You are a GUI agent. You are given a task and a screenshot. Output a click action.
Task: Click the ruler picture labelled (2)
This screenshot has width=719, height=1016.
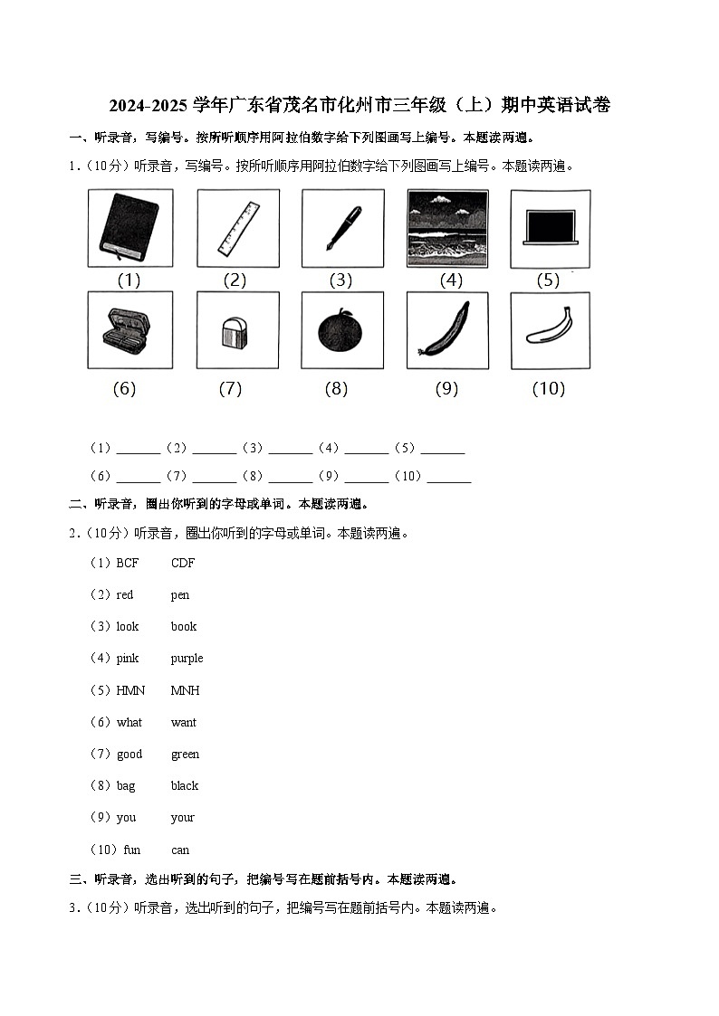pyautogui.click(x=237, y=228)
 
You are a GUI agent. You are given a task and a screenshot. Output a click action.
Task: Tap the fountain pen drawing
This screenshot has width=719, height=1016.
pyautogui.click(x=342, y=228)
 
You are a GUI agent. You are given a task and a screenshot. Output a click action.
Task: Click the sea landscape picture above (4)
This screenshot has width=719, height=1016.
pyautogui.click(x=447, y=228)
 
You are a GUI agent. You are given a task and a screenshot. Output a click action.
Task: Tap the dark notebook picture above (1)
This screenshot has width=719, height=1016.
pyautogui.click(x=129, y=228)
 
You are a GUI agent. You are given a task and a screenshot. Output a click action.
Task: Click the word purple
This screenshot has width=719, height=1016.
pyautogui.click(x=187, y=659)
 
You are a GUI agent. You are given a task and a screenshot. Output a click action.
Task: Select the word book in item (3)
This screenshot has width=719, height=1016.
pyautogui.click(x=183, y=627)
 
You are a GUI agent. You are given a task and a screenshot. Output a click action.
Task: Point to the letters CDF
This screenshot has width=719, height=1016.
pyautogui.click(x=182, y=563)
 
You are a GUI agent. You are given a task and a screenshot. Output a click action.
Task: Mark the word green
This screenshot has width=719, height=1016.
pyautogui.click(x=185, y=755)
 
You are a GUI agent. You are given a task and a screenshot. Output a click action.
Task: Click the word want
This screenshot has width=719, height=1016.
pyautogui.click(x=183, y=723)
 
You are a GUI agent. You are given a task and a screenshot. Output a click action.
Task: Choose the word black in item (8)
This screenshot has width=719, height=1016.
pyautogui.click(x=184, y=786)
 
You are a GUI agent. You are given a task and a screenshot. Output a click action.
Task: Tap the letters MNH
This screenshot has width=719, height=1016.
pyautogui.click(x=185, y=691)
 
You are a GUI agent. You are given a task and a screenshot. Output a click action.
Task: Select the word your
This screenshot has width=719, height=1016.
pyautogui.click(x=182, y=818)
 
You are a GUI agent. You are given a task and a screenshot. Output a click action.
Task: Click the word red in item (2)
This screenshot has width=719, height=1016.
pyautogui.click(x=125, y=595)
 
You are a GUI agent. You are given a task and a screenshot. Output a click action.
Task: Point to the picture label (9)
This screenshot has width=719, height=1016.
pyautogui.click(x=446, y=389)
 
